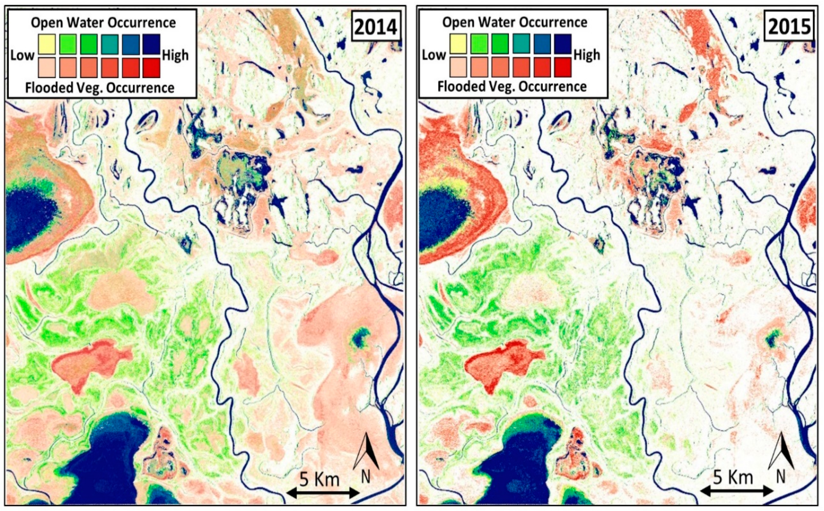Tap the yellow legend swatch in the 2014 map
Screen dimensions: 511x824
(x=47, y=44)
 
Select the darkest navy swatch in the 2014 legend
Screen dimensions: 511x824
(x=152, y=44)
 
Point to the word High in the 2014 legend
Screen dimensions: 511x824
(x=176, y=55)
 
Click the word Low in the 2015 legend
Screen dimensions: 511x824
(x=434, y=55)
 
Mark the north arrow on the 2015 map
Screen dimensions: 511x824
(x=780, y=456)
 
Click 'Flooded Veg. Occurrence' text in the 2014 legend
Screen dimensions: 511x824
(x=100, y=88)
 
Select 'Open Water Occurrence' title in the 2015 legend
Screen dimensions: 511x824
(x=515, y=23)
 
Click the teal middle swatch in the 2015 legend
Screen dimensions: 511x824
(x=521, y=44)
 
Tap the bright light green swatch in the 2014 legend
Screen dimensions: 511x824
(x=68, y=44)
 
